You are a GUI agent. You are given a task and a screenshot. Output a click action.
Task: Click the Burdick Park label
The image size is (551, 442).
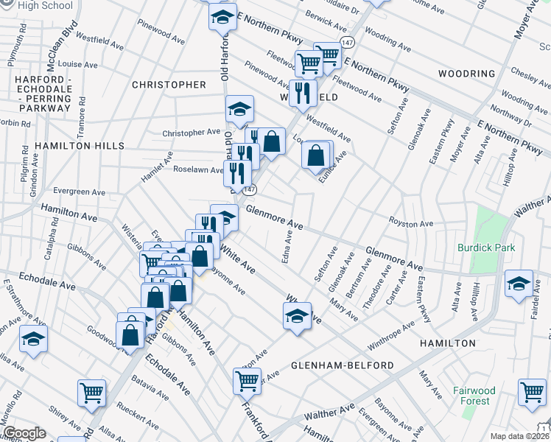pos(485,248)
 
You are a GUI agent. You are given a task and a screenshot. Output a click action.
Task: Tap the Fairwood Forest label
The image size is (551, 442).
pos(471,396)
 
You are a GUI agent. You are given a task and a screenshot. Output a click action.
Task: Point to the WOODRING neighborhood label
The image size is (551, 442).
pos(466,74)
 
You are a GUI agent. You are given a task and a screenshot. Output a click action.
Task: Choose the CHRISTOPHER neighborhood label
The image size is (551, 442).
pos(169,85)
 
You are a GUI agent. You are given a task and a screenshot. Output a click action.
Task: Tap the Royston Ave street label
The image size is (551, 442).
pos(411,223)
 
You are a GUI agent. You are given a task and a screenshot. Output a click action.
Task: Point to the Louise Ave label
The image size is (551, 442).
pos(77,64)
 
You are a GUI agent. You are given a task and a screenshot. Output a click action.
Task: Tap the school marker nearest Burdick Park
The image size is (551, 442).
pos(519,284)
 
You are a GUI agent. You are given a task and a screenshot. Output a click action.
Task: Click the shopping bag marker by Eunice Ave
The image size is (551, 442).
pos(316,156)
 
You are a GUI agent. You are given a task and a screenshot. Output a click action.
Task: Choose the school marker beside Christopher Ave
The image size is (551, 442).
pos(239,110)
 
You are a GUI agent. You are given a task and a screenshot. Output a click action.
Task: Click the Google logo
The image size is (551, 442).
pos(24,433)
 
